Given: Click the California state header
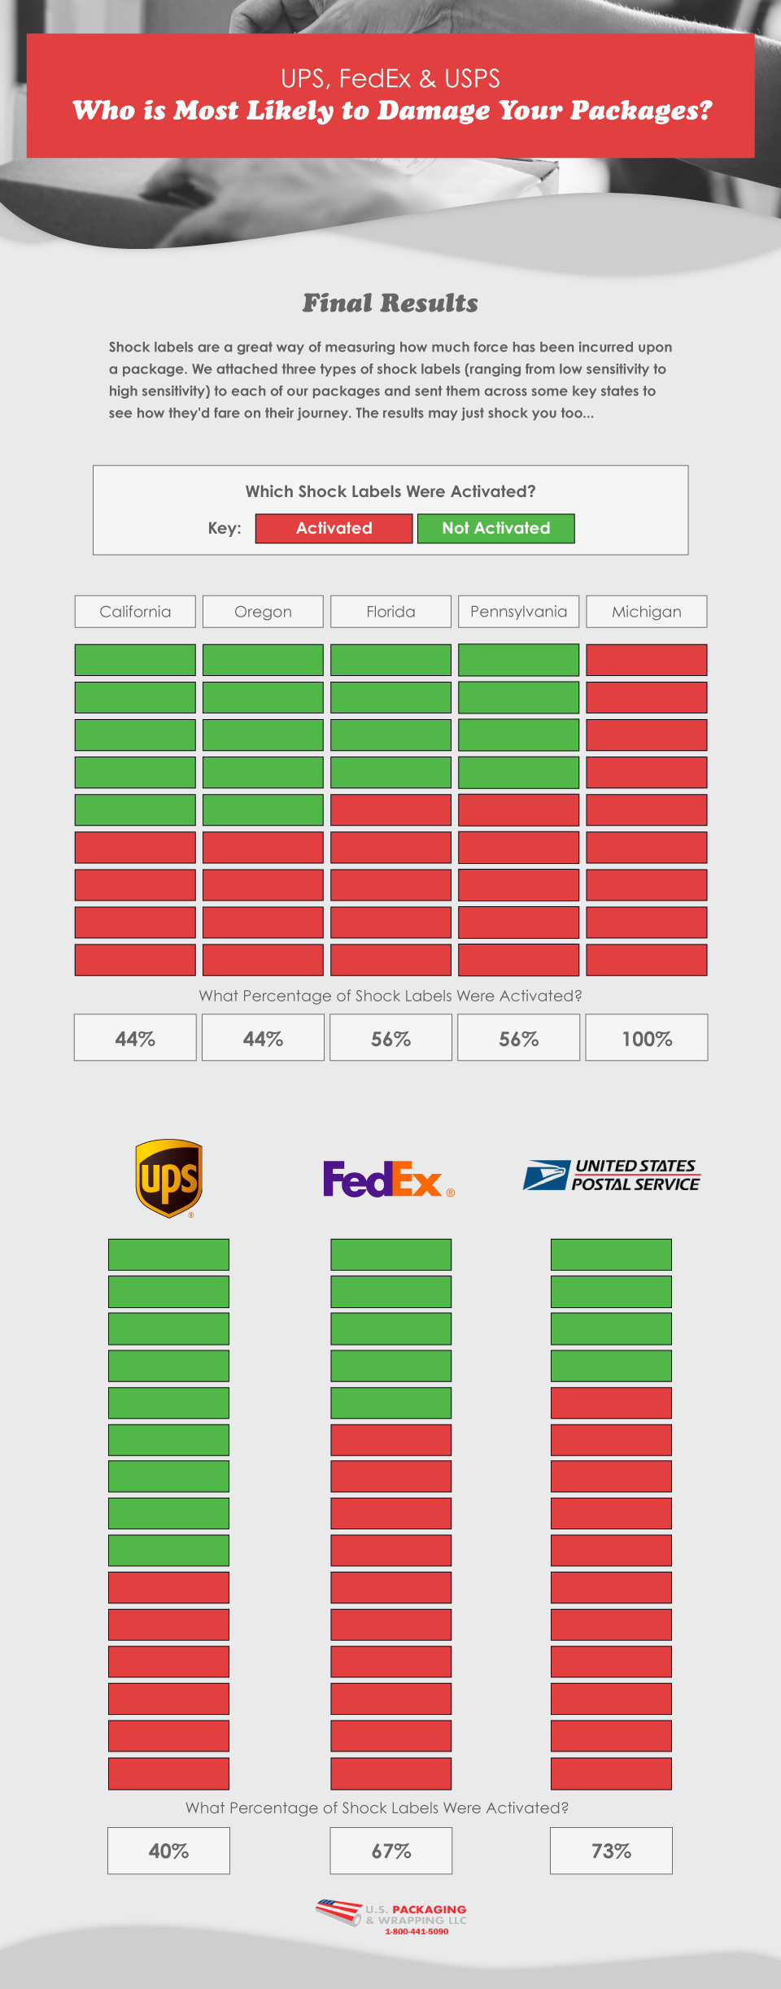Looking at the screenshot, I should click(x=135, y=612).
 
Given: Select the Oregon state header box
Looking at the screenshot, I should click(x=263, y=612).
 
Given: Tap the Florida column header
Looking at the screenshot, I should click(x=390, y=612).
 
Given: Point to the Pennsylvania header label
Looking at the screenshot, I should click(x=518, y=612).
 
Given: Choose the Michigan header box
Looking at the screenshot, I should click(x=647, y=612).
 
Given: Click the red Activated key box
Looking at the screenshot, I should click(x=334, y=528).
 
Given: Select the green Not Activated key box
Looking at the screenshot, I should click(x=496, y=528).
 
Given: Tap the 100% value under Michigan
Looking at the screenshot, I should click(x=647, y=1038).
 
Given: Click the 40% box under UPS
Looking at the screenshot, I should click(x=168, y=1851).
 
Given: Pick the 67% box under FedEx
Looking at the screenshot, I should click(x=390, y=1851).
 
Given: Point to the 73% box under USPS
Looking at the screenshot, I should click(x=611, y=1851).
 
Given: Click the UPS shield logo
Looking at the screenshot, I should click(x=168, y=1178).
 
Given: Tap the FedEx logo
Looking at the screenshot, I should click(x=387, y=1179).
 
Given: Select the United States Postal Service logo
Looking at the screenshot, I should click(x=612, y=1176).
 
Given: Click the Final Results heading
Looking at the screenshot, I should click(x=390, y=303).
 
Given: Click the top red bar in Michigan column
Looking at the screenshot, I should click(x=647, y=660).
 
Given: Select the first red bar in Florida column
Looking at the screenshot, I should click(x=390, y=809).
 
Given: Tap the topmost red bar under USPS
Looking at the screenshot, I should click(x=611, y=1402).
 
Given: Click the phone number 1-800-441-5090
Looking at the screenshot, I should click(x=417, y=1931).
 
